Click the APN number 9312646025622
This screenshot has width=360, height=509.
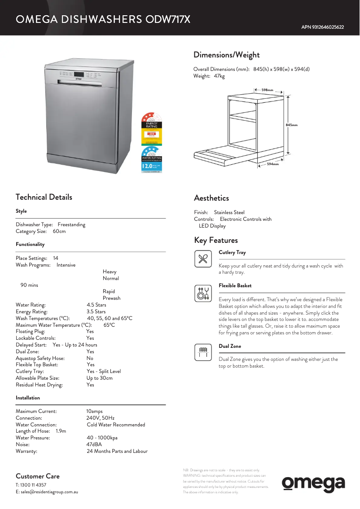tap(322, 27)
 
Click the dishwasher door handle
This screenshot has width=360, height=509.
tap(80, 81)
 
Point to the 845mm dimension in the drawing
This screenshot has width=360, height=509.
tap(291, 125)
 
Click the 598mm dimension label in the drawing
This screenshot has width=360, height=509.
tap(268, 90)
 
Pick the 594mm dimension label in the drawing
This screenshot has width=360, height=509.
tap(273, 164)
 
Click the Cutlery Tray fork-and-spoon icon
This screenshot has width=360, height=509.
tap(203, 259)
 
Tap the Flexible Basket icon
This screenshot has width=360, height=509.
tap(203, 293)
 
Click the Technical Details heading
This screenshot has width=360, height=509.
tap(44, 197)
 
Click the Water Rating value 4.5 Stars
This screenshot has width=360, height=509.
tap(96, 305)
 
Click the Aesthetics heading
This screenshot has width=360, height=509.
tap(211, 198)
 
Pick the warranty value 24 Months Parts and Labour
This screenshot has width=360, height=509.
tap(117, 451)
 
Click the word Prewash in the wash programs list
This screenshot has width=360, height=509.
tap(111, 298)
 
